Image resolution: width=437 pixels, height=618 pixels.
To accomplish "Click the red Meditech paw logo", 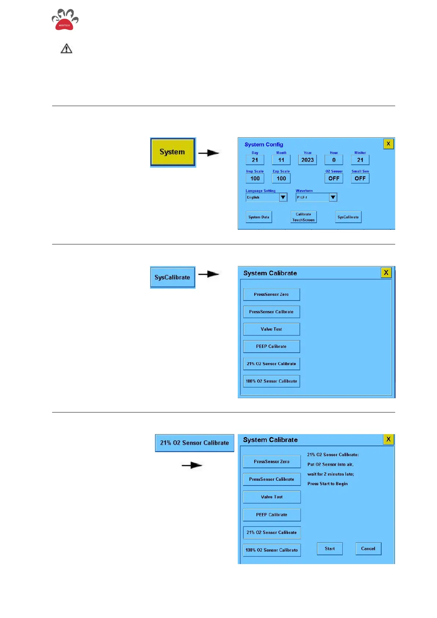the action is coord(65,20).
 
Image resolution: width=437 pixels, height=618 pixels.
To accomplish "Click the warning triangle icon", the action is coord(66,49).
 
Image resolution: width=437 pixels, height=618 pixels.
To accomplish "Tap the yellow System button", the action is coord(172,152).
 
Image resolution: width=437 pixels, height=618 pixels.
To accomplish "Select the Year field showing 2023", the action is coord(307,160).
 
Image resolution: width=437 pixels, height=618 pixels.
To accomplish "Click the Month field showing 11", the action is coord(281,160).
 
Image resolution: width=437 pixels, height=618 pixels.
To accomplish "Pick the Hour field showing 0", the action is coord(334,160).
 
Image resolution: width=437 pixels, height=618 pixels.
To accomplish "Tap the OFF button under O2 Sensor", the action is coord(334,179).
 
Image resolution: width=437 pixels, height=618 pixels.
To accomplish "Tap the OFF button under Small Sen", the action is coord(360,179).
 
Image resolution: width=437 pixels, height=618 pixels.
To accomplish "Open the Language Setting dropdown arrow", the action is coord(283,197).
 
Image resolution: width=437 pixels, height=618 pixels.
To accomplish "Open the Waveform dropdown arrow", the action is coord(333,197).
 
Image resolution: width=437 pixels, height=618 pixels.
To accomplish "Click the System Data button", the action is coord(259,217).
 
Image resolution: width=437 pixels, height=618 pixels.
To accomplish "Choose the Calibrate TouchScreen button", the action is coord(303,217).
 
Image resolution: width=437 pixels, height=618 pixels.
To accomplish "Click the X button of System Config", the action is coord(388,144).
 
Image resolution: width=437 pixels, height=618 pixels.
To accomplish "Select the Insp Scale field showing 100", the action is coord(255,179).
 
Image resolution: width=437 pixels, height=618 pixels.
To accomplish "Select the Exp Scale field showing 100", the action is coord(281,179).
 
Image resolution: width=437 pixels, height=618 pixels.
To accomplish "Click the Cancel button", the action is coord(368,549).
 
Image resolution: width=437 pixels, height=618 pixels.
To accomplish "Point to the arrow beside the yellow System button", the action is coord(209,153).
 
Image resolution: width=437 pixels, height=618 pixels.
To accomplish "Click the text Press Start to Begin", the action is coord(327,484).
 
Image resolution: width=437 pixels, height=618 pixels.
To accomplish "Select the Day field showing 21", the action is coord(255,160).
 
